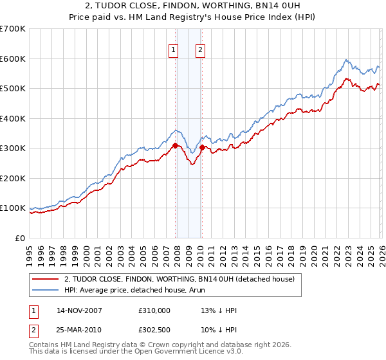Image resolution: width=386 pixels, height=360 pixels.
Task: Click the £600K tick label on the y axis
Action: click(13, 59)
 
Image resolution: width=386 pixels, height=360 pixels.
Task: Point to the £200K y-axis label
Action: click(13, 178)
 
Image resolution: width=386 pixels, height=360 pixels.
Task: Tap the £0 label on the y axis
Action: click(19, 238)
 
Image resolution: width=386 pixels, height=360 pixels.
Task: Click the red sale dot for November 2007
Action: click(175, 145)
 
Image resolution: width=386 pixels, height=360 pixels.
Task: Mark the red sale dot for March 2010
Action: click(202, 147)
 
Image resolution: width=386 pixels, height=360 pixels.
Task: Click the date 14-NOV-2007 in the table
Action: click(79, 310)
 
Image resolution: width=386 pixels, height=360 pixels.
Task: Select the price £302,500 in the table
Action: click(154, 330)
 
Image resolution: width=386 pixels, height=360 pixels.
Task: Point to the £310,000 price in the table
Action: click(154, 310)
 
